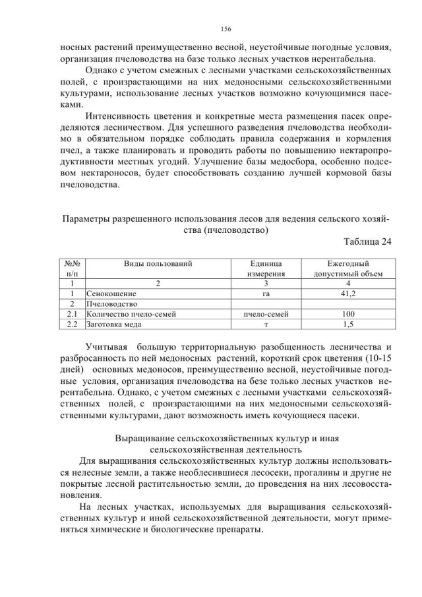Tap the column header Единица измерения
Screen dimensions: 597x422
tap(266, 267)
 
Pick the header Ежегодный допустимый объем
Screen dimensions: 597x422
tap(347, 267)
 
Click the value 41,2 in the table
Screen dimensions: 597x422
tap(347, 292)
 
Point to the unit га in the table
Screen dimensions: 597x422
tap(266, 292)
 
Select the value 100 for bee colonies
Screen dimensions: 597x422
tap(347, 314)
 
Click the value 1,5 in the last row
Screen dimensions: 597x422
tap(347, 325)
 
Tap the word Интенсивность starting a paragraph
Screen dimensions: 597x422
tap(119, 115)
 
